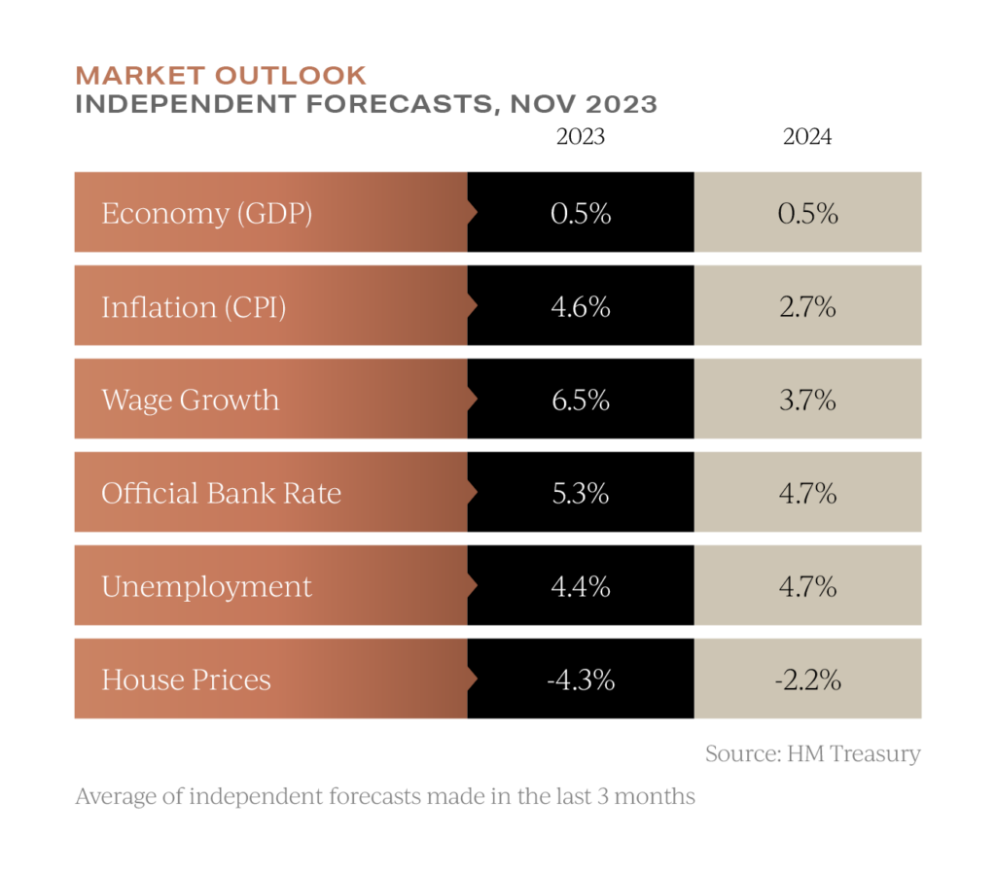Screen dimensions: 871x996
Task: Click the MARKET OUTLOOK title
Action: [x=221, y=75]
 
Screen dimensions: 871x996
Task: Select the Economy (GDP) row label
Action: [x=206, y=213]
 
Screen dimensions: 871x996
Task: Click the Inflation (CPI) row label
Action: [x=194, y=307]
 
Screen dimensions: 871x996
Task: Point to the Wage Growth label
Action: [x=190, y=400]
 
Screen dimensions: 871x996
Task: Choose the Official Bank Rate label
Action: [x=221, y=493]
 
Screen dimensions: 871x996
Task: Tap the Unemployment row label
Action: [x=206, y=586]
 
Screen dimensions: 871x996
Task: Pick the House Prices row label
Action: [x=186, y=679]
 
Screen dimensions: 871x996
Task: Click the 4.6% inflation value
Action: [x=580, y=307]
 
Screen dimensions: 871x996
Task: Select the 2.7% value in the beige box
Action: [x=807, y=307]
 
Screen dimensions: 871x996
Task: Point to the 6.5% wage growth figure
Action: [x=580, y=400]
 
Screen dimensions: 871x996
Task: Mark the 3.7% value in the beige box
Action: [x=807, y=400]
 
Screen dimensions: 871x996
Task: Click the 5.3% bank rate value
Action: [x=580, y=493]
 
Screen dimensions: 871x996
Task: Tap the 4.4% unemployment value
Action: [x=580, y=586]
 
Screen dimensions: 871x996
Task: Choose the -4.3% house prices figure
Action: [x=580, y=679]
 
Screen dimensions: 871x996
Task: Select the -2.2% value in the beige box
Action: [x=807, y=679]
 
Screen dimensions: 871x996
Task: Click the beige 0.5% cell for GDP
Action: [x=807, y=213]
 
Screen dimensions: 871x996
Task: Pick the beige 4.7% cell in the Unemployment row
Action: [x=807, y=586]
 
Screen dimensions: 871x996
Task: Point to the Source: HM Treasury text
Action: [x=812, y=753]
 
